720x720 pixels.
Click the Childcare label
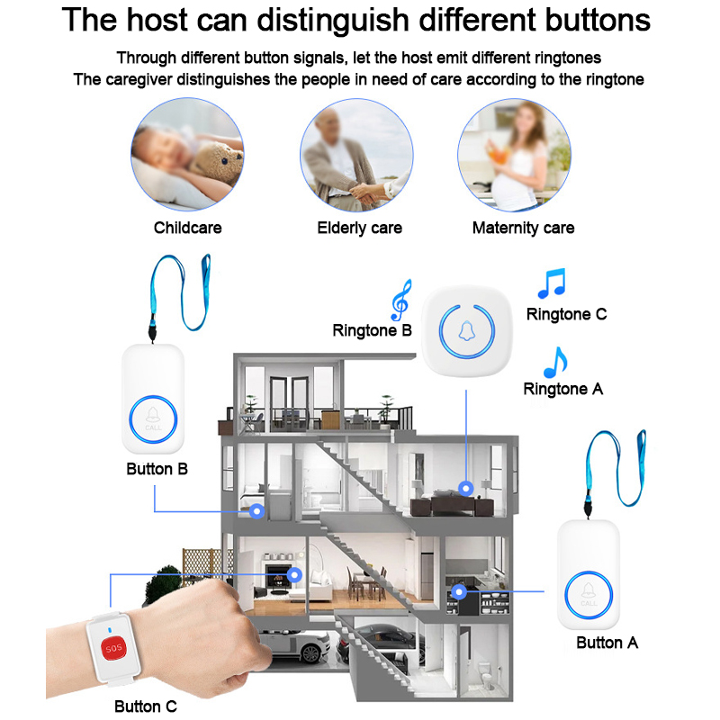point(187,228)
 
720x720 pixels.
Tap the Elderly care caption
point(359,229)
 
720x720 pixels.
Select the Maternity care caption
point(523,229)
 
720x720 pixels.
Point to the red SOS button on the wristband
point(113,647)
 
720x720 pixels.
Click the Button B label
point(157,469)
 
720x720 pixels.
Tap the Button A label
point(607,643)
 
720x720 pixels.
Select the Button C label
point(146,706)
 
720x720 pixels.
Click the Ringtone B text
point(372,330)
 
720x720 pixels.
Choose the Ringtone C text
point(566,314)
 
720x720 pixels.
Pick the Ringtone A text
point(563,389)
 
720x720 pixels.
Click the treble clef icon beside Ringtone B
point(400,301)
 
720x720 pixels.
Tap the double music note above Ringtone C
point(552,283)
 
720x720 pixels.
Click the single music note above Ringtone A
point(555,363)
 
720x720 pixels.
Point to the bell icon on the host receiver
point(466,330)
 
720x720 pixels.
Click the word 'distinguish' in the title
point(333,20)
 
